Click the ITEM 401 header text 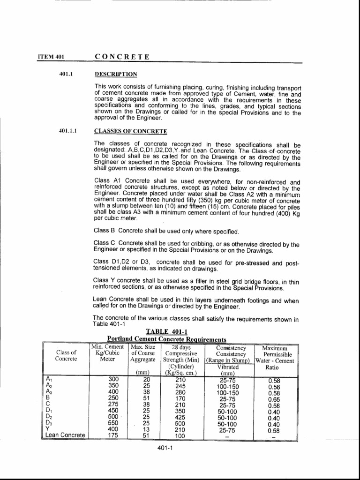51,57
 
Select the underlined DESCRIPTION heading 116,74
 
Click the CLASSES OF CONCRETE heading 131,131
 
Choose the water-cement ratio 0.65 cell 274,400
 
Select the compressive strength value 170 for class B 180,400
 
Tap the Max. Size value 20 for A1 146,380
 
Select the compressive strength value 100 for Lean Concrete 180,435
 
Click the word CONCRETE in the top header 122,57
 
